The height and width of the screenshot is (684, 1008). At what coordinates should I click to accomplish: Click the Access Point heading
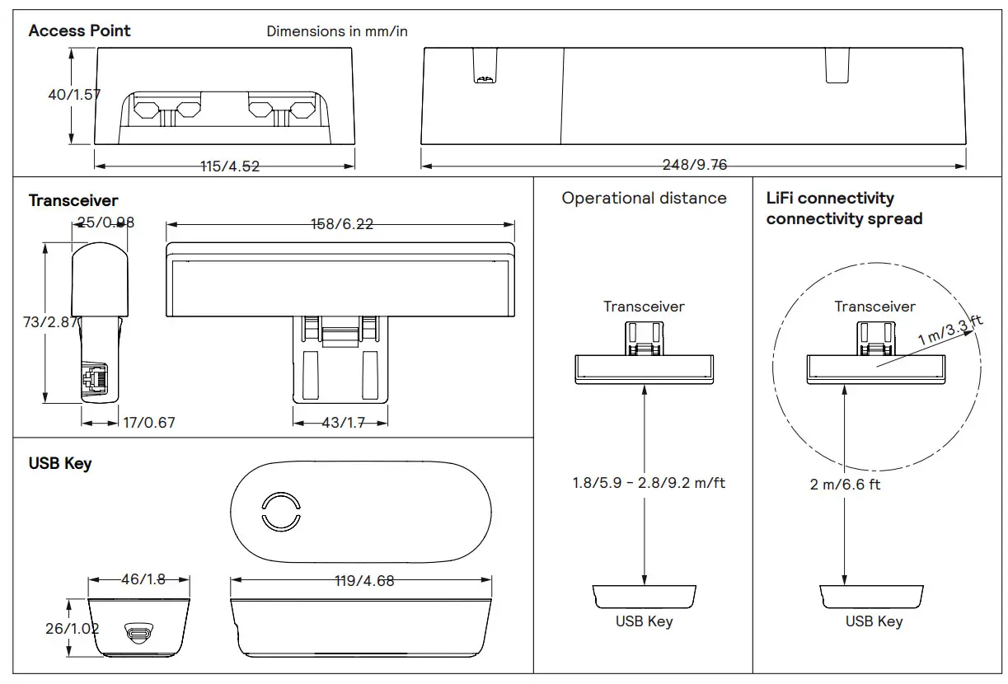coord(79,31)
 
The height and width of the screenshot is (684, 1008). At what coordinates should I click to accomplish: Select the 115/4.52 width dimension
coord(230,166)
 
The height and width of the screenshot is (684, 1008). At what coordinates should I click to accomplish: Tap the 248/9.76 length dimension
coord(695,165)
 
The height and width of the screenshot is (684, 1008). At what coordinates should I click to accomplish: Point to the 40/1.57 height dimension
coord(74,95)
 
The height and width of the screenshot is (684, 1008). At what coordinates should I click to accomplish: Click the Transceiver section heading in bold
coord(73,201)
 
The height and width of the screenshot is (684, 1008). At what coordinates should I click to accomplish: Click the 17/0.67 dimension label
coord(149,423)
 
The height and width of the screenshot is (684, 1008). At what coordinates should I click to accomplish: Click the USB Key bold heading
coord(60,464)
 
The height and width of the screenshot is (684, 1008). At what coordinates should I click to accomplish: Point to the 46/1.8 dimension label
coord(143,579)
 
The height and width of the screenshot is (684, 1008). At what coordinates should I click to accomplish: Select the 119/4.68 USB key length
coord(364,581)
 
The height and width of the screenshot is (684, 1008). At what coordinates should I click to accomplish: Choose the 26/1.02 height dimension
coord(72,629)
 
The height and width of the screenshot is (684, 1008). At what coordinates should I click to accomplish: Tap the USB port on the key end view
coord(137,633)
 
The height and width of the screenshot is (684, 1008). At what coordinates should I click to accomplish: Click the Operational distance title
coord(644,199)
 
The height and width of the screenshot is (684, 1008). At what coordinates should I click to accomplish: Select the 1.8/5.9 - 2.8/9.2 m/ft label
coord(649,483)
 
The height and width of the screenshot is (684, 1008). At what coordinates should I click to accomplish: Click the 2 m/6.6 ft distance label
coord(845,485)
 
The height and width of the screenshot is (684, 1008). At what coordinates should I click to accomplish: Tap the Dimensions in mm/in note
coord(336,31)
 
